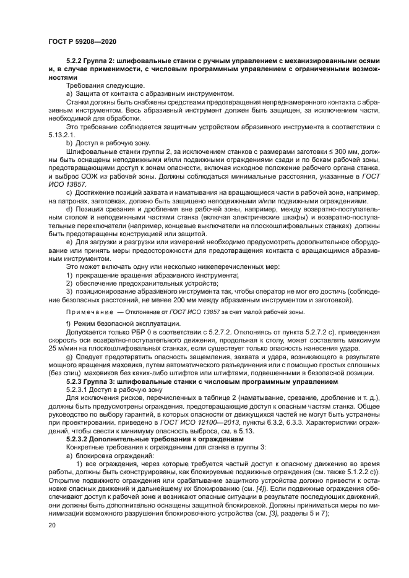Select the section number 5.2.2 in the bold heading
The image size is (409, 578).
pyautogui.click(x=75, y=61)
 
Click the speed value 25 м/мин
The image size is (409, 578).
pyautogui.click(x=62, y=349)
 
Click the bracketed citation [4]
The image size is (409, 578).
pyautogui.click(x=261, y=488)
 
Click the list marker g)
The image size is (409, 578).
pyautogui.click(x=69, y=359)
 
